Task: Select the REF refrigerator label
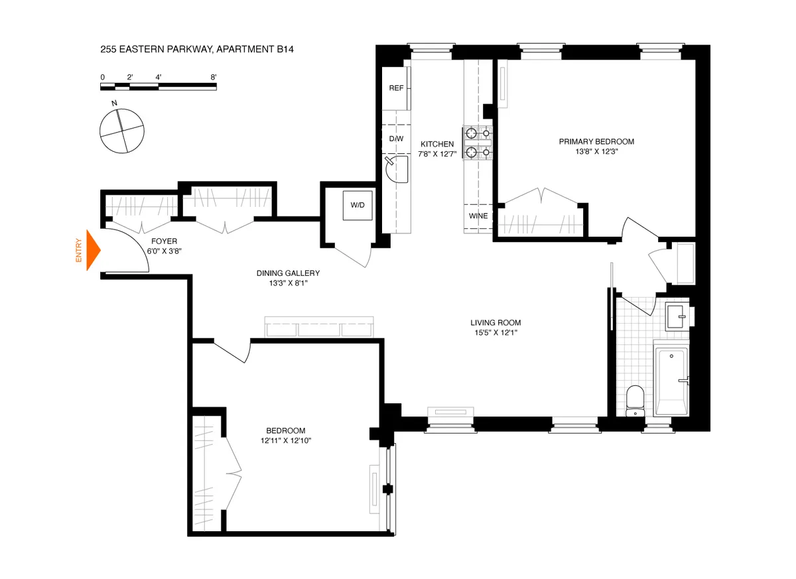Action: click(x=396, y=88)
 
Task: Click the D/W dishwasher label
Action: click(x=396, y=139)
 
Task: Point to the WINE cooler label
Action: click(x=478, y=216)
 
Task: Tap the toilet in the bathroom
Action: click(x=635, y=400)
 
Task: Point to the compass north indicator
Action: click(x=115, y=103)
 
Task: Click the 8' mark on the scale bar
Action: click(x=214, y=78)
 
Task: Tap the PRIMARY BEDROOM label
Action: click(x=596, y=141)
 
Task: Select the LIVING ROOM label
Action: click(x=493, y=323)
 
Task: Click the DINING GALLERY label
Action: click(x=288, y=273)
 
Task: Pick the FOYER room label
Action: click(x=164, y=241)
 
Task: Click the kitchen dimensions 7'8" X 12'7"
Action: click(x=437, y=154)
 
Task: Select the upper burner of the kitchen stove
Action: click(x=471, y=132)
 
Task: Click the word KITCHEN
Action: click(x=437, y=144)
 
